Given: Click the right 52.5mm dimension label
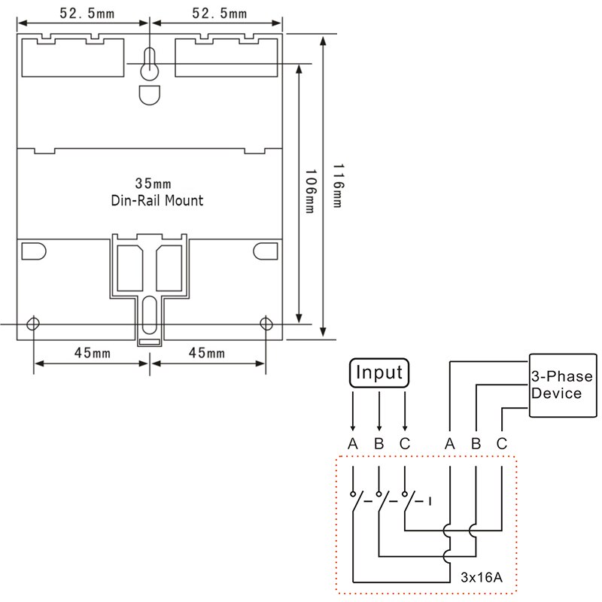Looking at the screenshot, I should pos(218,14).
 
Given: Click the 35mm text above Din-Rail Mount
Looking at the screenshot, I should pos(152,184).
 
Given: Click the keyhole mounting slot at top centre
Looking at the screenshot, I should pos(150,65).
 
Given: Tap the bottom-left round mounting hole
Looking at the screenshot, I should pos(33,324).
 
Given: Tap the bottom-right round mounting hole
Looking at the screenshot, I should pos(266,324).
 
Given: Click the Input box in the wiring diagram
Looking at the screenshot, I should pos(379,373).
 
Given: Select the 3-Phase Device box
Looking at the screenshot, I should pos(561,385).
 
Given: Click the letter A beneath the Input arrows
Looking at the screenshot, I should pos(352,443).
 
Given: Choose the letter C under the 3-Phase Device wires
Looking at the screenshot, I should pos(502,443).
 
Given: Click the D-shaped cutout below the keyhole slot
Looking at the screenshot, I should pos(149,95).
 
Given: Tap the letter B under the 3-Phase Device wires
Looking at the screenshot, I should pos(476,443).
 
